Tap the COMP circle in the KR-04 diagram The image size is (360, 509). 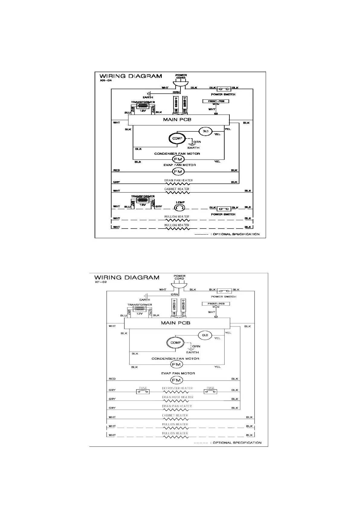(177, 138)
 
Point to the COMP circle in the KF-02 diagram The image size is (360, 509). (175, 342)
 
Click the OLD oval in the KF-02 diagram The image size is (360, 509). (205, 335)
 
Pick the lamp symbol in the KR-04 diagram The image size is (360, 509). (179, 208)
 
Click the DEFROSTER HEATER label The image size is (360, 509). (177, 388)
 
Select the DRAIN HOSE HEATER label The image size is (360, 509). (177, 397)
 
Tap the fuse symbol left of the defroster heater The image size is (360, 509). (143, 392)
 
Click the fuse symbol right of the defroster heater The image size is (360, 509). (210, 392)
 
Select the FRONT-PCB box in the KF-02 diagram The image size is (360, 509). (216, 304)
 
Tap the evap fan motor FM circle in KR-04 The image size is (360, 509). (178, 172)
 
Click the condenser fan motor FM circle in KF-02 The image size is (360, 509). (176, 364)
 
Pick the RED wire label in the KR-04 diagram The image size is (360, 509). (116, 170)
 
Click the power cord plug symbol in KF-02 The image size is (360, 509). (179, 284)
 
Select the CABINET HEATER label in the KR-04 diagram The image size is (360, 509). (177, 189)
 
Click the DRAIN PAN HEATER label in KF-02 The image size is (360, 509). (177, 406)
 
